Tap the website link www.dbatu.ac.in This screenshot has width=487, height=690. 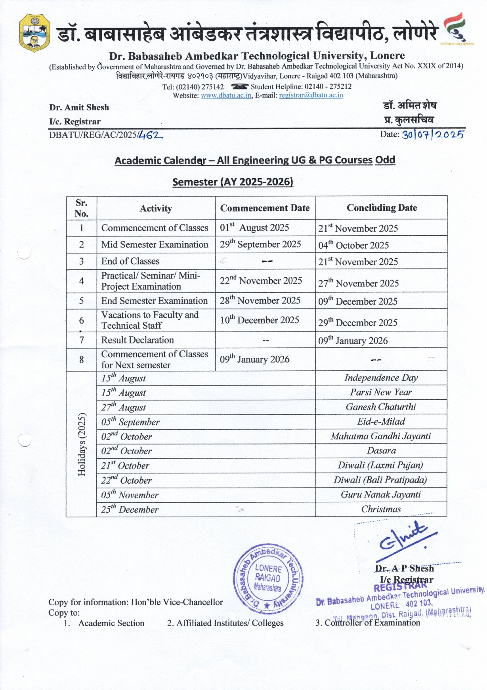click(226, 95)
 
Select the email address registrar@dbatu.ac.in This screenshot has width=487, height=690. click(311, 95)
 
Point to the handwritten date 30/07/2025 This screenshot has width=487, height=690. click(433, 135)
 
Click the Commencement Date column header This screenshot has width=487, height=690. click(265, 208)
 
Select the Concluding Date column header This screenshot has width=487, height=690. click(382, 208)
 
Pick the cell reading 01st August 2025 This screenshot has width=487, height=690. click(254, 228)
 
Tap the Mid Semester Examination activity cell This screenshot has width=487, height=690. click(155, 245)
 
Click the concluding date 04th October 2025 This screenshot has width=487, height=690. click(353, 245)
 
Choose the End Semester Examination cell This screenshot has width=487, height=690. click(154, 301)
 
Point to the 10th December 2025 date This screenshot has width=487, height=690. click(260, 320)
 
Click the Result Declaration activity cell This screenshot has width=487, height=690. click(138, 340)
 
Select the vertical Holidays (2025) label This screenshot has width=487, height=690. click(82, 444)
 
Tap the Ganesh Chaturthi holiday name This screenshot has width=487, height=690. click(381, 407)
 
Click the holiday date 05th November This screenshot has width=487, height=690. click(130, 495)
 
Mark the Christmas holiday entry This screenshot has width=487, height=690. click(381, 509)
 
